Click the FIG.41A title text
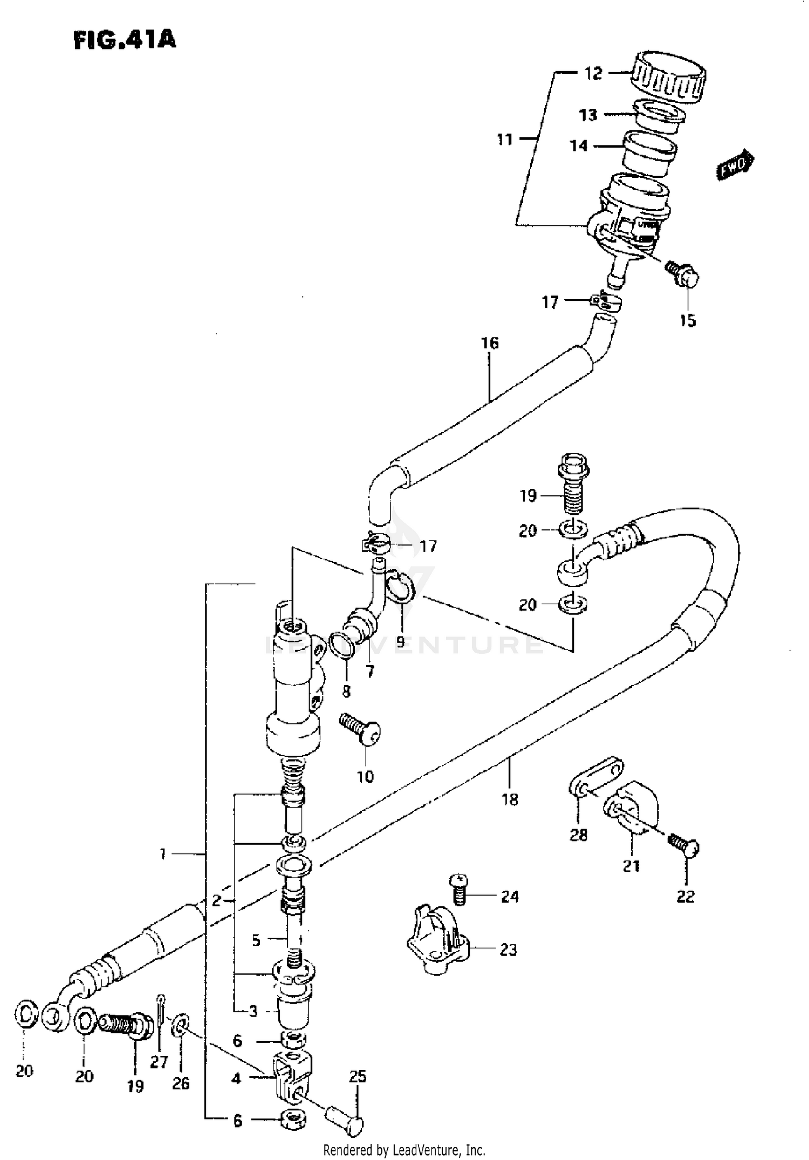coord(125,39)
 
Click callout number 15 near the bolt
coord(688,321)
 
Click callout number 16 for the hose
coord(490,343)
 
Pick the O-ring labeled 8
coord(341,645)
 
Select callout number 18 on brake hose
coord(509,799)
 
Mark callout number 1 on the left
coord(162,854)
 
